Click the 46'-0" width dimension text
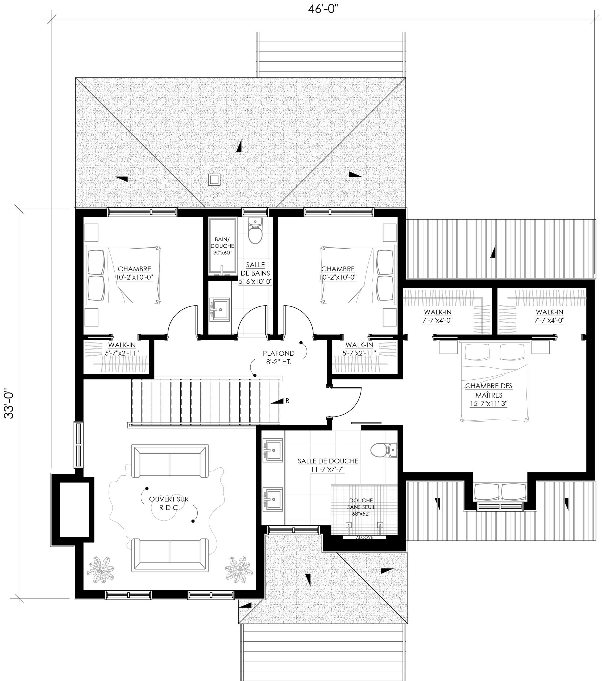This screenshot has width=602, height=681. (323, 9)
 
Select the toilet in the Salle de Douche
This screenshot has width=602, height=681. (383, 450)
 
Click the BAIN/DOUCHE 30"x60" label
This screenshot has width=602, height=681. (222, 246)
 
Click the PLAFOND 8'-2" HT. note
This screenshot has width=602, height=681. (279, 358)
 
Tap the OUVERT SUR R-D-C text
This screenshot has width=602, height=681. (169, 503)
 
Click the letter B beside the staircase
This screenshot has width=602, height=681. (288, 401)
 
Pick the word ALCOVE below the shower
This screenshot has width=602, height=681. (364, 537)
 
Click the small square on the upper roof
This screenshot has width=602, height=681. (214, 180)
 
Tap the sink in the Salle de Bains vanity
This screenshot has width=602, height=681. (219, 310)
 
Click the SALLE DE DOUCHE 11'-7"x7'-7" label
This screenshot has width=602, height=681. (328, 465)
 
